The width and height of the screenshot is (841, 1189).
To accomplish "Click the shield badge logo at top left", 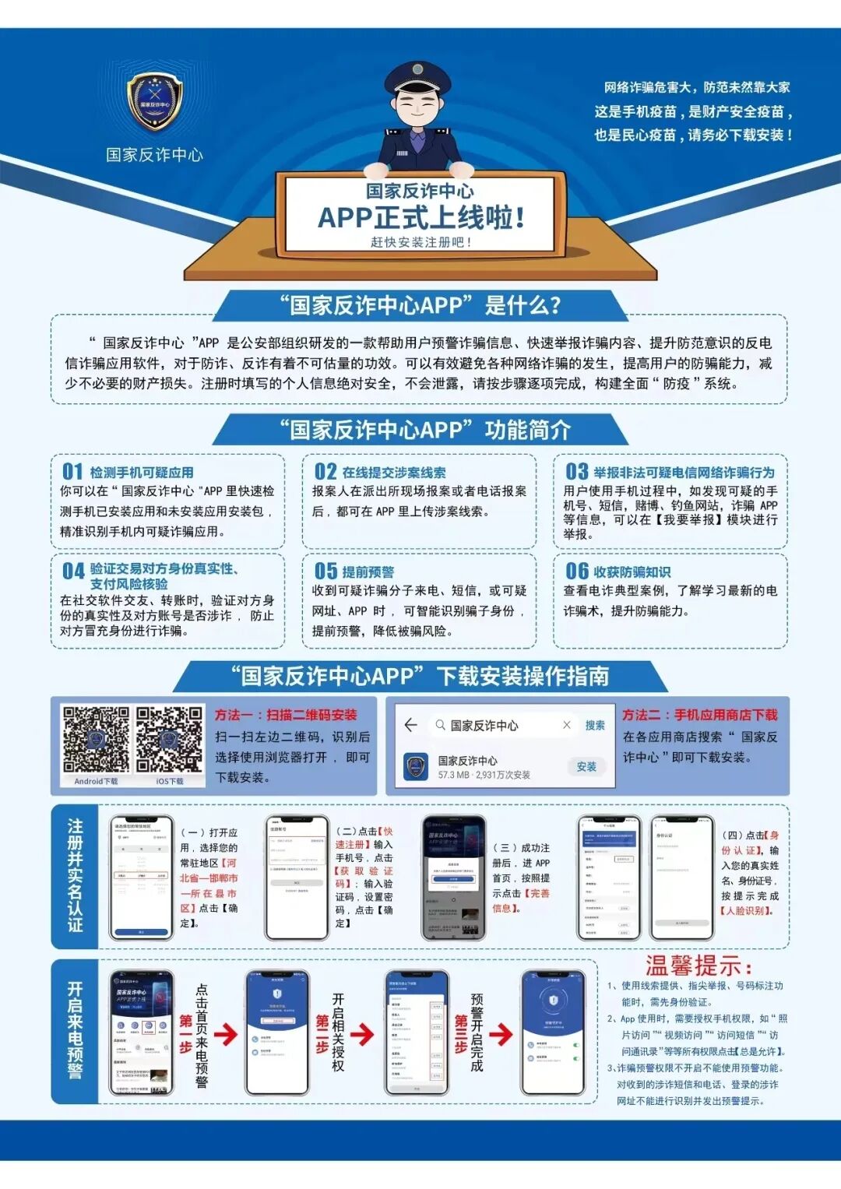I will coord(154,103).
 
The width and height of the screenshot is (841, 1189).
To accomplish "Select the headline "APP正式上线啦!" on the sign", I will coord(420,217).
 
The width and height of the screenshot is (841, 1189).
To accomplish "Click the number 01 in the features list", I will coord(72,472).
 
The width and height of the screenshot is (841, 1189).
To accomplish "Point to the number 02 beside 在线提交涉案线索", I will coord(325,472).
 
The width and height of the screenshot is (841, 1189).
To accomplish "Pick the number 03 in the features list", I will coord(577,472).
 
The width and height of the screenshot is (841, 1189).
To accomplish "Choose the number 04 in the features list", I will coord(73,572).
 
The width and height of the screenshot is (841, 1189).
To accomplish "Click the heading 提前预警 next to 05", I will coord(368,572).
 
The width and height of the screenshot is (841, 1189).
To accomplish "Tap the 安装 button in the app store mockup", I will coord(586,767).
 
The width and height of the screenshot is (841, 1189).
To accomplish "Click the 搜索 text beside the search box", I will coord(595,725).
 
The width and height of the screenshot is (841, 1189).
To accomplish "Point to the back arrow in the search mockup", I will coord(411,725).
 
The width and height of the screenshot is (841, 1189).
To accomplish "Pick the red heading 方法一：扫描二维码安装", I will coord(286,715).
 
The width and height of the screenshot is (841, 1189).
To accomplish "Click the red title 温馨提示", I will coord(698,966).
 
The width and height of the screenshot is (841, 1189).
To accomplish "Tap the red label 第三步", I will coord(461,1033).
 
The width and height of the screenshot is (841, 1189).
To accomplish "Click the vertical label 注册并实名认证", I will coord(75,876).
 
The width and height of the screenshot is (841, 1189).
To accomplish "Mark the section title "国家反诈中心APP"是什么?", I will coord(420,305).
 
